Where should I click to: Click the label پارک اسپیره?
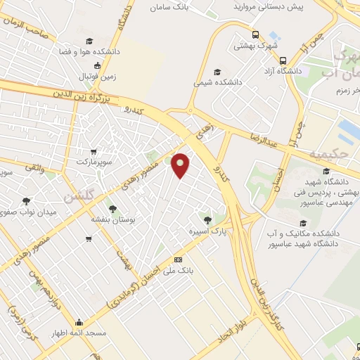coord(202,231)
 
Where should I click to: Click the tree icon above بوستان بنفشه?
coord(112,208)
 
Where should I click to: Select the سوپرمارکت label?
coord(95,162)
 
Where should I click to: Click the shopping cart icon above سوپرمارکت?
coord(94,151)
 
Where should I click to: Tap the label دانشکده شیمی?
coord(218,82)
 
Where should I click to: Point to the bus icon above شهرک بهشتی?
coord(254,34)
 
